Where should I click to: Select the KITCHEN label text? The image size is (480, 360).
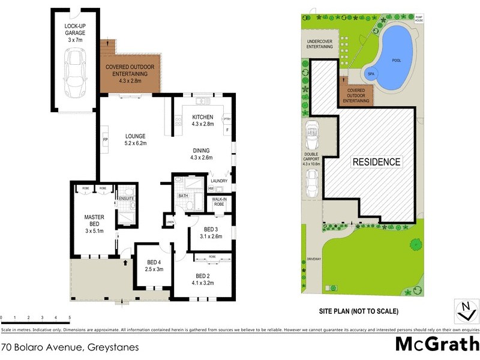tap(202, 117)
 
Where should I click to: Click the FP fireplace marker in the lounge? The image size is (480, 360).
tap(105, 140)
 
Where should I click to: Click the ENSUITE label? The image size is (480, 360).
tap(126, 198)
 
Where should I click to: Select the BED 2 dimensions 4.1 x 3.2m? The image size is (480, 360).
tap(203, 283)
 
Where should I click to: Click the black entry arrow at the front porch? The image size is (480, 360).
tap(125, 262)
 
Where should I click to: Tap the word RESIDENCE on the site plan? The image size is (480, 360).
tap(376, 162)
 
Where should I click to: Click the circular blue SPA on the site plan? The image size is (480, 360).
tap(370, 74)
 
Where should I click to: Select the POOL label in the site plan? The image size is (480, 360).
tap(397, 61)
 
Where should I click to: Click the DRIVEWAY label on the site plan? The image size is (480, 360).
tap(314, 259)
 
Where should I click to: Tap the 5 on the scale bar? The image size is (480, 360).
tap(70, 317)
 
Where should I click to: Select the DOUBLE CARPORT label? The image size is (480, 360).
tap(312, 158)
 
